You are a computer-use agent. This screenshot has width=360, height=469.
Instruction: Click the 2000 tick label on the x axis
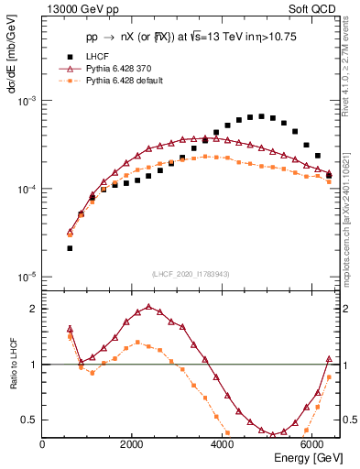(132, 445)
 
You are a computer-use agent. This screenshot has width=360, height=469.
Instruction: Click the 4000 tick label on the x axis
(222, 445)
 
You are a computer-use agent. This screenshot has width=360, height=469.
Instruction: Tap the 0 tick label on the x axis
(42, 445)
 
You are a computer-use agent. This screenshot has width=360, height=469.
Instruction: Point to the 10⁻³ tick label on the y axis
(27, 100)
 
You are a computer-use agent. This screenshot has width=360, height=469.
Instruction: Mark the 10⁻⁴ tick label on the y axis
(27, 189)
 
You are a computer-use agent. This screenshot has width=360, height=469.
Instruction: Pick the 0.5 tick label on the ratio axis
(29, 420)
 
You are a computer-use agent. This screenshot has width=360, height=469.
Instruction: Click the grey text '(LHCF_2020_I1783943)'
(191, 274)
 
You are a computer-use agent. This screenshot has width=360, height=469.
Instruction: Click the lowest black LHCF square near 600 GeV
(70, 248)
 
